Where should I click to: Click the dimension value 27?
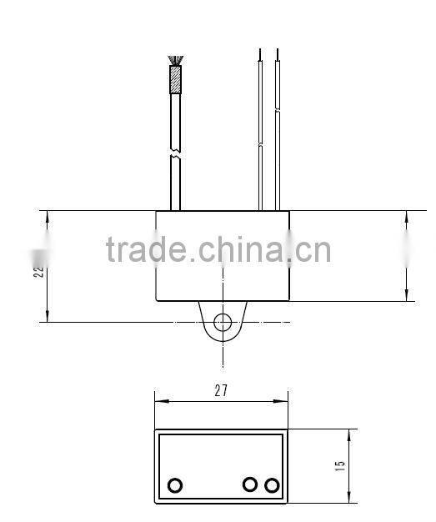(220, 389)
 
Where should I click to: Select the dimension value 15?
(340, 466)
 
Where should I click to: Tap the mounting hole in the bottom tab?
(223, 323)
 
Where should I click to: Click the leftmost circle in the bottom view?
(175, 485)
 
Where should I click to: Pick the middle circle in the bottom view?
(249, 484)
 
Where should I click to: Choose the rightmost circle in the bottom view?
(271, 484)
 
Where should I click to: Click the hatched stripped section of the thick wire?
(175, 79)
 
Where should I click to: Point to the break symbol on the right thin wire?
(276, 145)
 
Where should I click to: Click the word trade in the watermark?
(147, 250)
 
